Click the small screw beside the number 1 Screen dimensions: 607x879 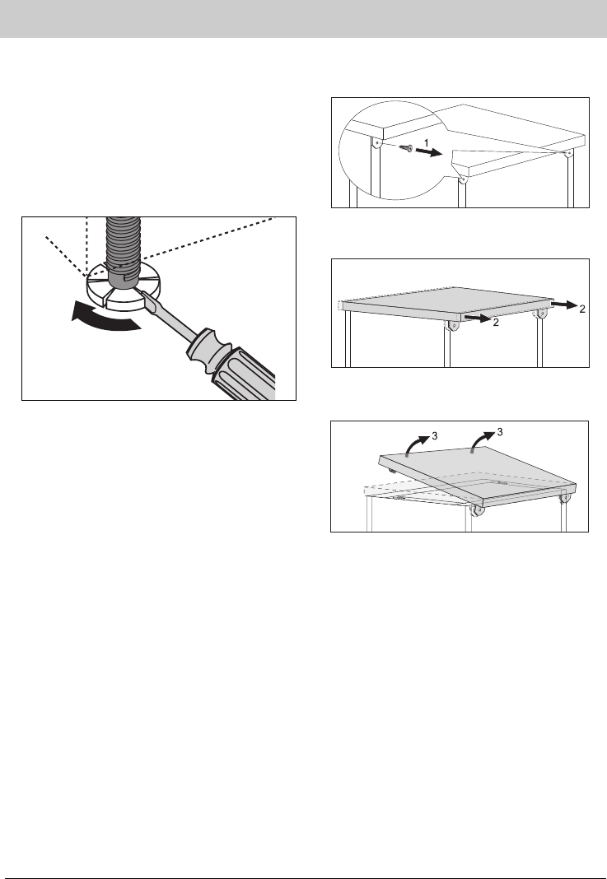(x=407, y=148)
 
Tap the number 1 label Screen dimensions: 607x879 (x=427, y=143)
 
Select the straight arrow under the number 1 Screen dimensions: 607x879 (x=429, y=152)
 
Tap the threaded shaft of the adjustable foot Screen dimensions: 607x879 (x=124, y=242)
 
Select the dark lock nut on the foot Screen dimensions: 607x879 (x=124, y=278)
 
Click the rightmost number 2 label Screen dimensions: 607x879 (x=581, y=309)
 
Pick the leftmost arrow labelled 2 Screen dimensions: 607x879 (x=478, y=319)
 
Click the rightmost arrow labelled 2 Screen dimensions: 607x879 (x=564, y=305)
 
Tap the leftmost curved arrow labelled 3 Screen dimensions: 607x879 (x=415, y=446)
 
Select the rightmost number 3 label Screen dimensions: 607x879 (x=500, y=432)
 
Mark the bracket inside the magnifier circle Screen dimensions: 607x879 (x=377, y=143)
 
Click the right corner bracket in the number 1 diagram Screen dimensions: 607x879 (x=568, y=152)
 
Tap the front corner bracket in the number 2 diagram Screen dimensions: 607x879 (x=453, y=324)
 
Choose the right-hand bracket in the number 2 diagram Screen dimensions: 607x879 (x=541, y=314)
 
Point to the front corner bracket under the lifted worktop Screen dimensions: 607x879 (x=478, y=510)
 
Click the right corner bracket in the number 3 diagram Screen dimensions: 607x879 (x=567, y=497)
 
